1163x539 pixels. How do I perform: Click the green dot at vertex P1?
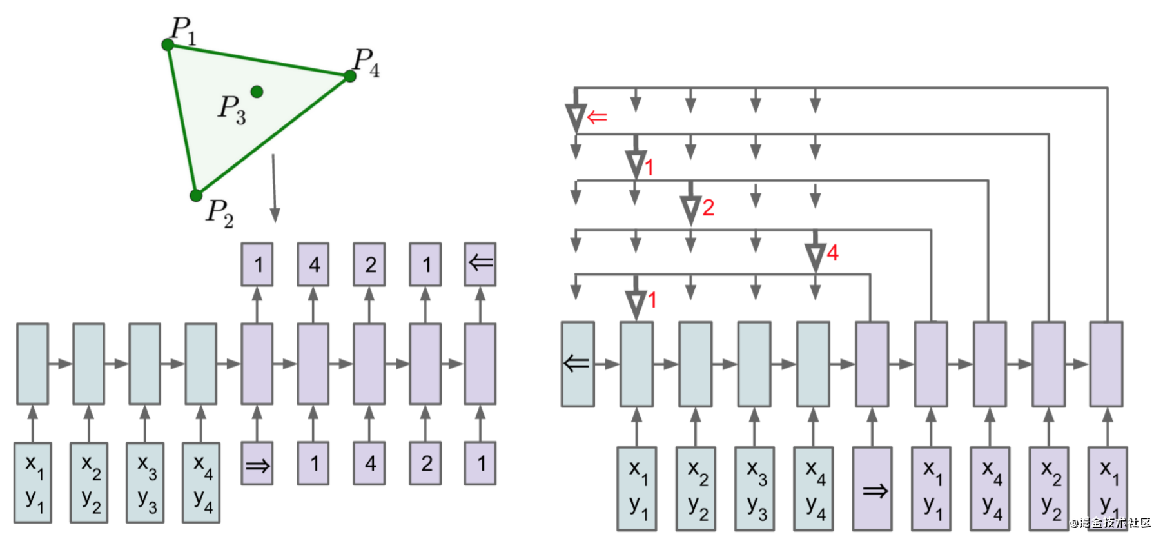pyautogui.click(x=168, y=44)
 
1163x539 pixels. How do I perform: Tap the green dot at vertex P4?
pyautogui.click(x=350, y=76)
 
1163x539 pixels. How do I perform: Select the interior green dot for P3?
pyautogui.click(x=257, y=92)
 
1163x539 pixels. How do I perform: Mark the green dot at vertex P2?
pyautogui.click(x=196, y=195)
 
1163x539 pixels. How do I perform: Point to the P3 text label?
pyautogui.click(x=231, y=109)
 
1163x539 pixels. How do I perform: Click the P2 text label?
pyautogui.click(x=219, y=213)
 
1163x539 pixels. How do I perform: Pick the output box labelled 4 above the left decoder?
pyautogui.click(x=313, y=264)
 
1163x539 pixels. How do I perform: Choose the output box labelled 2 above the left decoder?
pyautogui.click(x=369, y=264)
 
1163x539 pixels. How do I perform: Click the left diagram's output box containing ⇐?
pyautogui.click(x=480, y=264)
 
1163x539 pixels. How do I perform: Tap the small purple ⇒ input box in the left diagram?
pyautogui.click(x=257, y=464)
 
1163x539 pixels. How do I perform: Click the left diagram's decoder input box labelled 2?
pyautogui.click(x=425, y=464)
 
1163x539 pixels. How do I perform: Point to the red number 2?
pyautogui.click(x=709, y=208)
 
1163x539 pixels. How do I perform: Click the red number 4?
pyautogui.click(x=832, y=253)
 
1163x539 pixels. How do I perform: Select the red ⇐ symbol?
pyautogui.click(x=598, y=117)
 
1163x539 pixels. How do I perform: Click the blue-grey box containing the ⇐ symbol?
pyautogui.click(x=578, y=364)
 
